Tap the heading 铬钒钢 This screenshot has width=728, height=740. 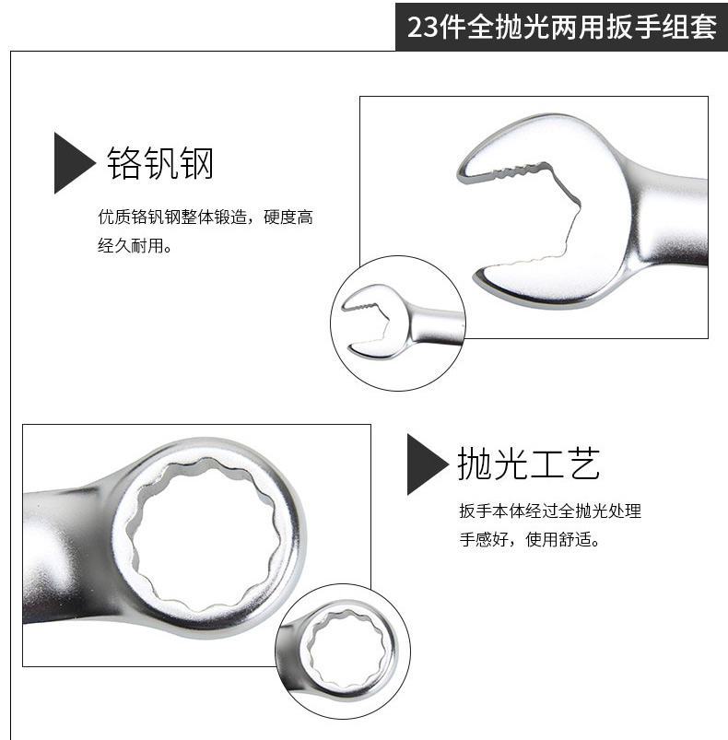160,163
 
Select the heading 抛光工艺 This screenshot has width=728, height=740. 528,464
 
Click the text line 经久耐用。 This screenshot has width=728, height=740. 135,245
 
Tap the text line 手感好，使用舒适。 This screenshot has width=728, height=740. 529,539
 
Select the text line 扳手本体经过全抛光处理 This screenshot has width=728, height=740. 550,511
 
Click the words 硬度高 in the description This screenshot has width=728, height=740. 288,217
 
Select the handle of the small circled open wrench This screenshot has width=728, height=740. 438,324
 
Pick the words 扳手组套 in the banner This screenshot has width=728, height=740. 662,27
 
